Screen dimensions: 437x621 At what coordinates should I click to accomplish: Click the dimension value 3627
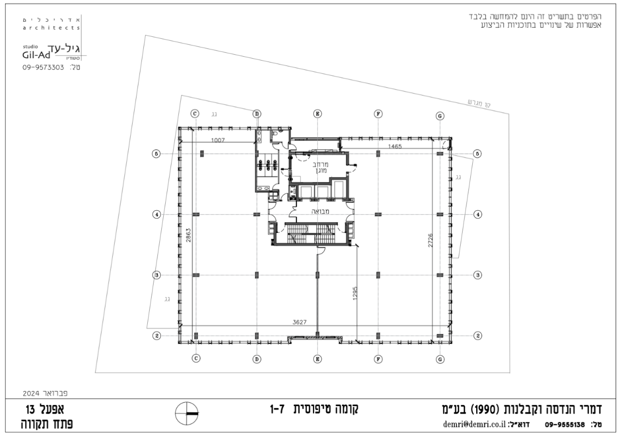(x=301, y=322)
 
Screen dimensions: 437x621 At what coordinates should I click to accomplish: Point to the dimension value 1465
(x=395, y=145)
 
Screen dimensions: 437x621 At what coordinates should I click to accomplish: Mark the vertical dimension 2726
(x=430, y=239)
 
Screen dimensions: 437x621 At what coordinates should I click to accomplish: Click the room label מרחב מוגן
(x=319, y=167)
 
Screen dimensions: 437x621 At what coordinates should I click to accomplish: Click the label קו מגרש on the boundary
(x=478, y=104)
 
